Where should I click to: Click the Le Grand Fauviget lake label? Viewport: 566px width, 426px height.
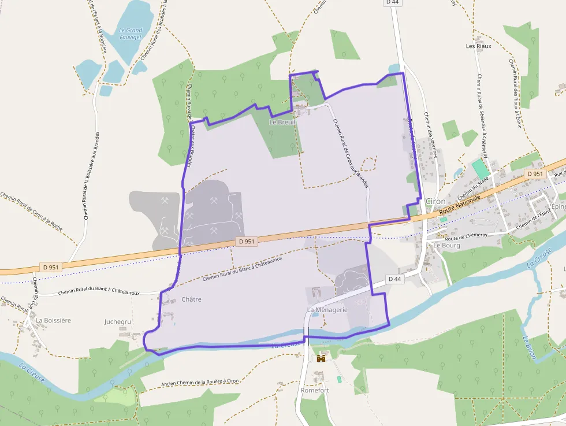point(131,34)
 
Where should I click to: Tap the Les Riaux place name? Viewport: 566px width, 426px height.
point(478,46)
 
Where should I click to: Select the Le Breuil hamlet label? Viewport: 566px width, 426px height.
point(282,123)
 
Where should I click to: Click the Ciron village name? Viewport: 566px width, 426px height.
point(435,201)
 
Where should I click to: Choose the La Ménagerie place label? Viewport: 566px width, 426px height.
point(327,310)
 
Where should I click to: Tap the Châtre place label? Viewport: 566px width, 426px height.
point(191,299)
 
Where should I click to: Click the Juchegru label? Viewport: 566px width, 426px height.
point(118,321)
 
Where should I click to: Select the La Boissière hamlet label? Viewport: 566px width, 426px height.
point(53,320)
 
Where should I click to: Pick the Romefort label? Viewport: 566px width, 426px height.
point(315,390)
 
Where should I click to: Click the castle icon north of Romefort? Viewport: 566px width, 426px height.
point(321,358)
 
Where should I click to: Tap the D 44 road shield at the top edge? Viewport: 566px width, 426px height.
point(392,3)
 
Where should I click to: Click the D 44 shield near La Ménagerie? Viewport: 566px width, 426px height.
point(394,279)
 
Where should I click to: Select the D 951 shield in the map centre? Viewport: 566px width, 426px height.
point(245,242)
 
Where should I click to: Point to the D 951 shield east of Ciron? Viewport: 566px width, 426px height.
point(535,173)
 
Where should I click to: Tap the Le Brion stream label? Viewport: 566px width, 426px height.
point(529,347)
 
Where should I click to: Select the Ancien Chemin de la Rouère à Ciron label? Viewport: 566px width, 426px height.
point(200,382)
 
